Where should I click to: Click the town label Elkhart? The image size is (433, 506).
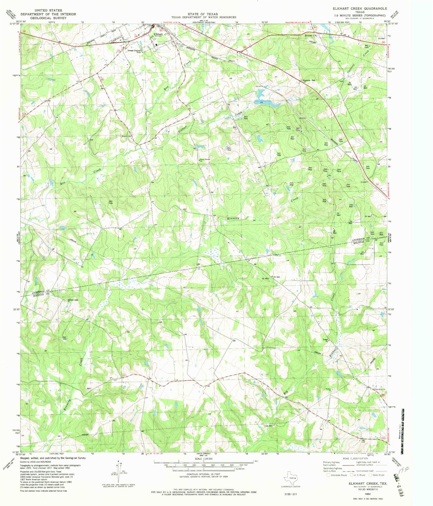tap(158, 34)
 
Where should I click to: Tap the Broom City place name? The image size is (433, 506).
tap(311, 35)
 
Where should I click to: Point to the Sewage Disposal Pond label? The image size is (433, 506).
tap(134, 51)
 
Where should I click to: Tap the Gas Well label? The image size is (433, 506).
tap(268, 426)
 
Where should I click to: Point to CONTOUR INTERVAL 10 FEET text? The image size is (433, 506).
tap(203, 473)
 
